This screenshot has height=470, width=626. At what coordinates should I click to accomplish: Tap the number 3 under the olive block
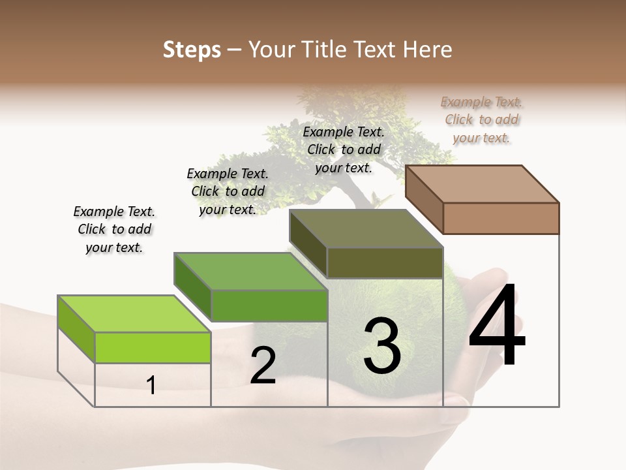point(381,346)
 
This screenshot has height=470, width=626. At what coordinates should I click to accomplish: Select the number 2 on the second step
point(263,366)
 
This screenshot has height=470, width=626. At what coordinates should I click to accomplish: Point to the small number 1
point(151,386)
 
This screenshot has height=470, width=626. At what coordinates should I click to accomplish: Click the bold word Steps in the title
point(192,50)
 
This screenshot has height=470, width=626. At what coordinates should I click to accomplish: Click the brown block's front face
point(501,218)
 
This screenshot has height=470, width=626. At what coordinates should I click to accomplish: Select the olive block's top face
point(366,228)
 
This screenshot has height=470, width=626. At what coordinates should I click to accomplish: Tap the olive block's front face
point(385,262)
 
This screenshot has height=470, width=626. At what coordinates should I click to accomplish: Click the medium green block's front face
point(269,305)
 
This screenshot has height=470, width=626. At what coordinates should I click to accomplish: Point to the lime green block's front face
point(153,347)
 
